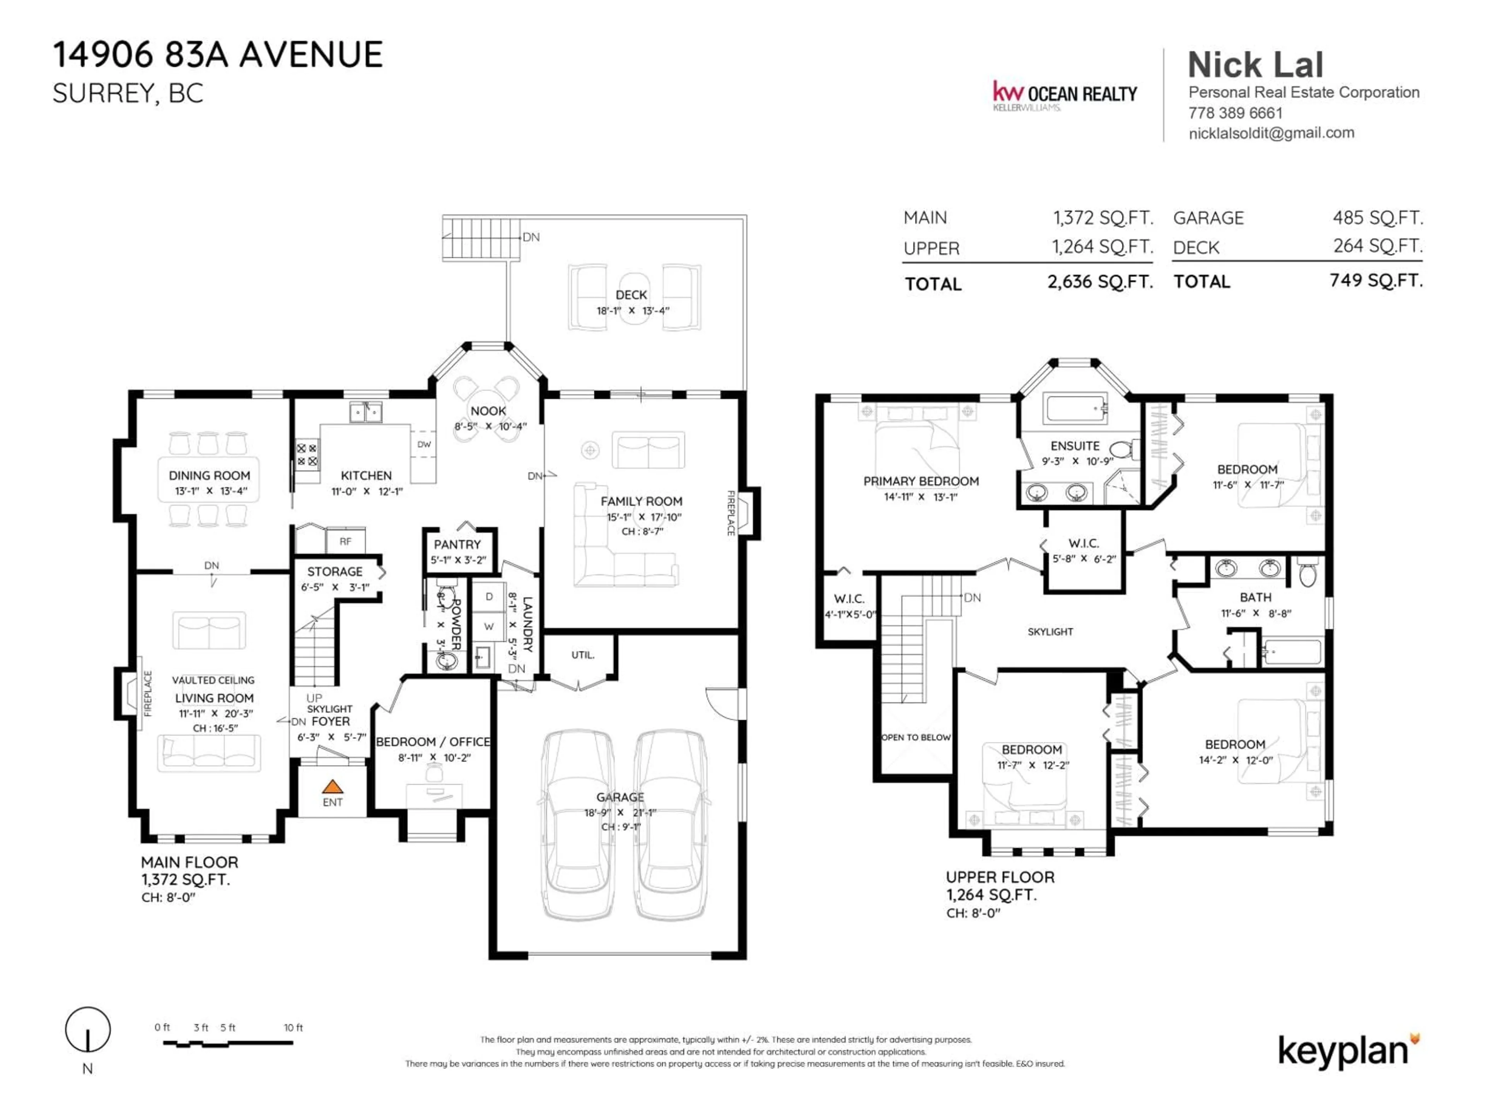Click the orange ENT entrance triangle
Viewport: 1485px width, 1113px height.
332,786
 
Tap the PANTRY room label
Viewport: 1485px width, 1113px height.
457,544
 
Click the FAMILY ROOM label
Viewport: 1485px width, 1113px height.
641,501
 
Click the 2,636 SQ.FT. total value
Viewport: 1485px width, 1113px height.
1100,282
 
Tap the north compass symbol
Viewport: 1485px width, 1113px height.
88,1030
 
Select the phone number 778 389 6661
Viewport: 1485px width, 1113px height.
1235,113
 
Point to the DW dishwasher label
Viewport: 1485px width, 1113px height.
423,444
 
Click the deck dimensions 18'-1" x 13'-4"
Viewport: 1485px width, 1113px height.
632,311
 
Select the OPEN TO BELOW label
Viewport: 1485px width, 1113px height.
916,737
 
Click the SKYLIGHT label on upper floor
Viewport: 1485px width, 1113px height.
1050,631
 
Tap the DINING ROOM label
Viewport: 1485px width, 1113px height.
210,475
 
